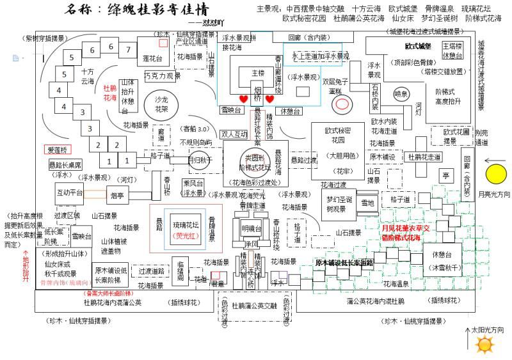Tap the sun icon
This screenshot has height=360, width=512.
point(484,345)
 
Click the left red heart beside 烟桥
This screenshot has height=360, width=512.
point(243,99)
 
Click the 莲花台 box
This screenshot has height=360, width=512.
point(153,58)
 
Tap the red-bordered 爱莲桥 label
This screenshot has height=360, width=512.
point(56,150)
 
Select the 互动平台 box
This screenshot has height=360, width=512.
point(69,192)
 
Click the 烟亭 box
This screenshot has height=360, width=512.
point(116,196)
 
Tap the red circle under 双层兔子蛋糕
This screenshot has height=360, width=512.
point(342,103)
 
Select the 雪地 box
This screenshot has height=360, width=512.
point(367,203)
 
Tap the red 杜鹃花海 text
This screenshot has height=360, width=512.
point(110,93)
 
